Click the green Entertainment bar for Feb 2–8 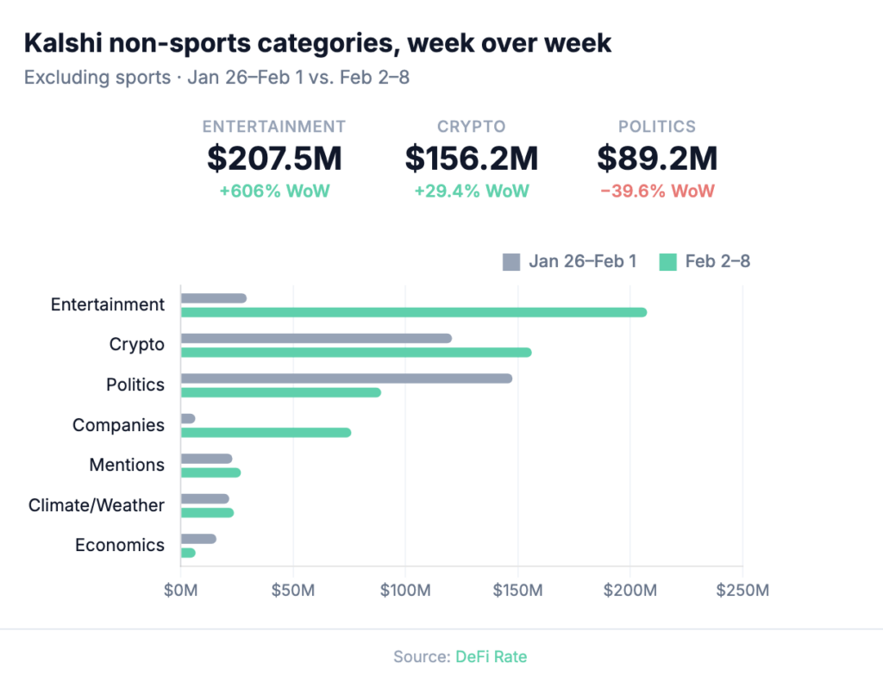(413, 312)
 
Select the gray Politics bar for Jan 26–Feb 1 (346, 379)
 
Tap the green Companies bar (266, 432)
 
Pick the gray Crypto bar (316, 338)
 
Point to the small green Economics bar (188, 553)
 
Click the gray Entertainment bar (213, 298)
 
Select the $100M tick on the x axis (405, 591)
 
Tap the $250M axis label (742, 591)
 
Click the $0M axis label (180, 591)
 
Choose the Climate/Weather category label (96, 504)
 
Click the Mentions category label (127, 465)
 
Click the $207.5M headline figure (274, 158)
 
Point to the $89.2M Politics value (657, 158)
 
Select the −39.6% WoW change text (657, 191)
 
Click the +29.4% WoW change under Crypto (472, 191)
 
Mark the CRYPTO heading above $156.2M (472, 127)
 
